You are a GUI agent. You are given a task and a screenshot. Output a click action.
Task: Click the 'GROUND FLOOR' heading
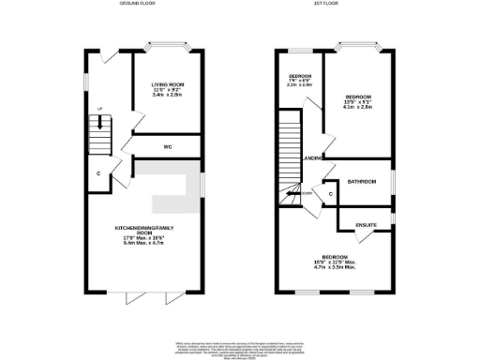(138, 5)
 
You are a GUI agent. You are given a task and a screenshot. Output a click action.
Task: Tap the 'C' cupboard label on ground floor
(98, 172)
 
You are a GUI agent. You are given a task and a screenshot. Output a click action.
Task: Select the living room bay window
(169, 44)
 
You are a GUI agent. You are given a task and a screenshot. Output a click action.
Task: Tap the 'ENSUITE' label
(367, 225)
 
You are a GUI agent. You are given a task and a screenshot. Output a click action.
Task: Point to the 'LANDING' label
(315, 157)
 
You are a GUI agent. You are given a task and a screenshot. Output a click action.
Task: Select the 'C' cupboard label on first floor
(331, 194)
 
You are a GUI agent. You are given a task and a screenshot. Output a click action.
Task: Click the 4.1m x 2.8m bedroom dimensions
(358, 107)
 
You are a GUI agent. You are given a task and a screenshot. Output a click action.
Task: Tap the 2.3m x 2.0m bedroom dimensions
(299, 84)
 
